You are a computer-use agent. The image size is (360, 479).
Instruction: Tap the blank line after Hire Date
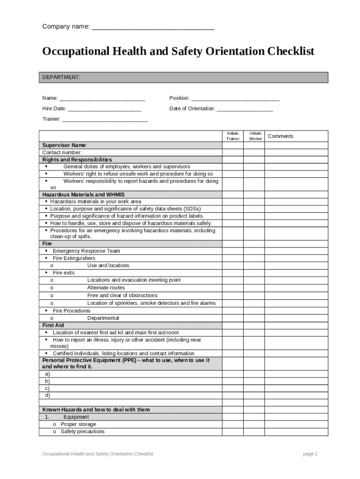click(x=104, y=109)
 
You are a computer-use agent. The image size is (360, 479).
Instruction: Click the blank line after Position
click(x=236, y=99)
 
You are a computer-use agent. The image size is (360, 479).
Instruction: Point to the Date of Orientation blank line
click(x=245, y=109)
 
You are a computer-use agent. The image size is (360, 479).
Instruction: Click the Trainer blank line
click(x=105, y=119)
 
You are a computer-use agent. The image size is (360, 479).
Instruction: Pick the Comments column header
click(x=281, y=136)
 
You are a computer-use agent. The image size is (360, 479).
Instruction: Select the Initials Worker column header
click(x=255, y=136)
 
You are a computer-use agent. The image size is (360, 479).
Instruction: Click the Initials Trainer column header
click(x=233, y=136)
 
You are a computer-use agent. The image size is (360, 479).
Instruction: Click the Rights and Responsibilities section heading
click(x=77, y=160)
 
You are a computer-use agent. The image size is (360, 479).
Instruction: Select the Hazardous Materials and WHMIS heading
click(x=83, y=195)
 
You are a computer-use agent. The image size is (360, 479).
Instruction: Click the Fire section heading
click(x=47, y=244)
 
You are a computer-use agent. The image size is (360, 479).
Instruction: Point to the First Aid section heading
click(x=53, y=325)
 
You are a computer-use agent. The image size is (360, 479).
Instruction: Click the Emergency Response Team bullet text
click(x=86, y=251)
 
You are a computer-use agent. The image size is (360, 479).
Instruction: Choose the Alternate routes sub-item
click(x=106, y=288)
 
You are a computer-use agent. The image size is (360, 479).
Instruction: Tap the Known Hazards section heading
click(x=96, y=410)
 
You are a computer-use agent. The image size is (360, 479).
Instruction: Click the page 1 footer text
click(x=310, y=454)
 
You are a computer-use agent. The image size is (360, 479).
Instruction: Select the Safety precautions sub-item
click(x=82, y=432)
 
